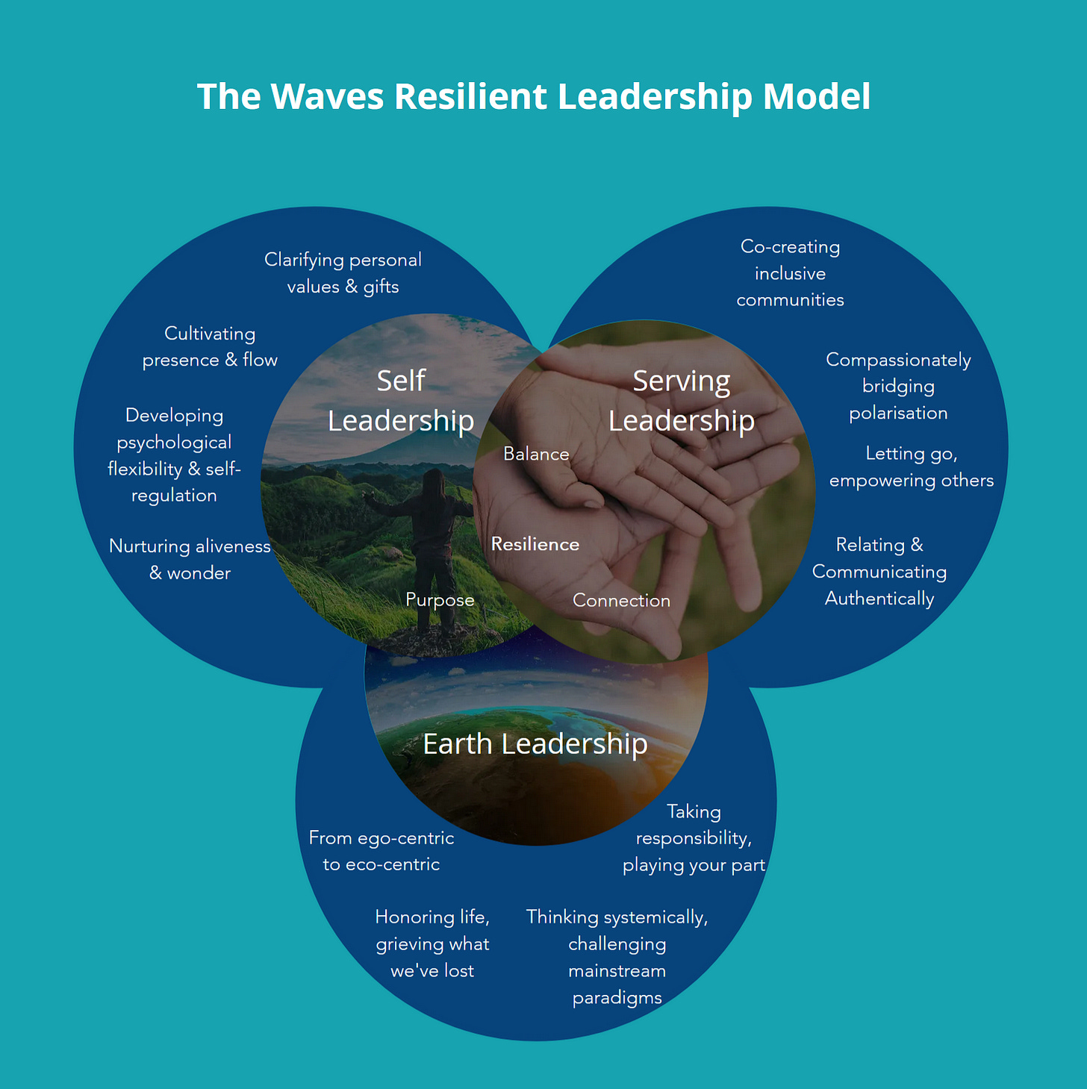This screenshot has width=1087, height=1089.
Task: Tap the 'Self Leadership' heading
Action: click(x=401, y=401)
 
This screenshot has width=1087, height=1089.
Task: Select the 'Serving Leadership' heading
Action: click(x=681, y=401)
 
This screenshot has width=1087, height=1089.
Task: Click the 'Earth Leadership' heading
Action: click(x=535, y=744)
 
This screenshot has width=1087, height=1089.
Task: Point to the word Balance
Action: click(x=536, y=454)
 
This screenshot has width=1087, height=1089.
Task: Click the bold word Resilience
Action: click(x=535, y=544)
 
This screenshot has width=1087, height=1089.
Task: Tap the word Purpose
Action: click(x=440, y=600)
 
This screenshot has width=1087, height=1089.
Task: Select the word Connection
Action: click(x=621, y=601)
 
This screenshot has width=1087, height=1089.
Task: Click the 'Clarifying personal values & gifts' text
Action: click(x=343, y=273)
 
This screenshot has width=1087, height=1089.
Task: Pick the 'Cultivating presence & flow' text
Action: click(x=210, y=346)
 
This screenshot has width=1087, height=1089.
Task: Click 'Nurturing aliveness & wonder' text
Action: click(x=190, y=559)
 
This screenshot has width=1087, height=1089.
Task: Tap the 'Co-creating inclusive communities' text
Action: click(x=790, y=273)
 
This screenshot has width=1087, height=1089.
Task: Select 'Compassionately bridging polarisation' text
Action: click(x=898, y=386)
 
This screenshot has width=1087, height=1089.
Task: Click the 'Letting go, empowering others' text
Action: click(x=911, y=467)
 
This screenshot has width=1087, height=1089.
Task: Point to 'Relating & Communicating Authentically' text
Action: click(x=879, y=572)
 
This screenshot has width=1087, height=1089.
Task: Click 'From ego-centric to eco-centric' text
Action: click(x=381, y=851)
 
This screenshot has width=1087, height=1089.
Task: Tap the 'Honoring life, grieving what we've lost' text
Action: click(x=432, y=943)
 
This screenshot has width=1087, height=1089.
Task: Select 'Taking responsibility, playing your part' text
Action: click(x=694, y=838)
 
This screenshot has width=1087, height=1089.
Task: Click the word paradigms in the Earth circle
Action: click(x=617, y=998)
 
